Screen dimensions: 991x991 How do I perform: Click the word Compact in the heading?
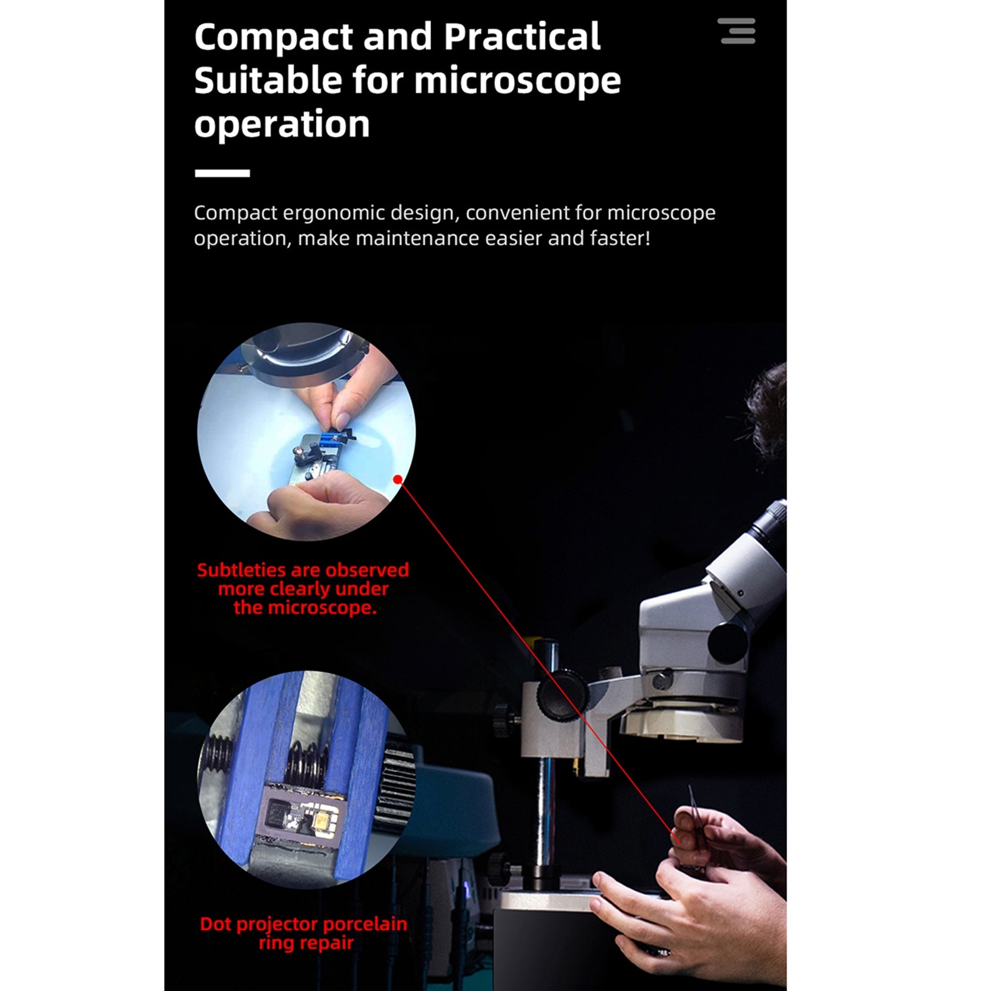273,37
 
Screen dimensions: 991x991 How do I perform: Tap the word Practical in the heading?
522,37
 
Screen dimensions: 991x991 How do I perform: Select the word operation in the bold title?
281,124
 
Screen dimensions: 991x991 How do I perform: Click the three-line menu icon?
737,31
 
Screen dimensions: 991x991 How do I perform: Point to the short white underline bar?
222,173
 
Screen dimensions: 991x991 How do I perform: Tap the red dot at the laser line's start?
398,479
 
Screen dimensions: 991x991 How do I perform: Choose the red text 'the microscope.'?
305,608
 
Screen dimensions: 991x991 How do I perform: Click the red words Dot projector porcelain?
303,924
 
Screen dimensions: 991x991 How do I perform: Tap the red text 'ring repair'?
306,943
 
